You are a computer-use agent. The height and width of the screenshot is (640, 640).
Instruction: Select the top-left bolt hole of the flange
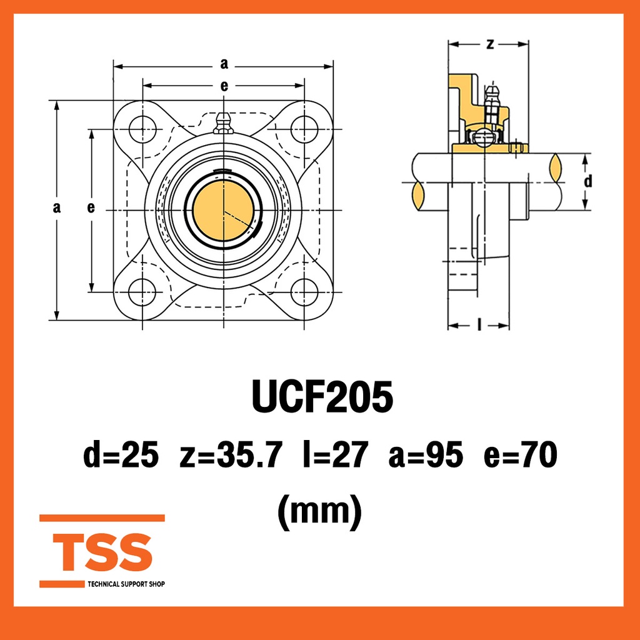[142, 129]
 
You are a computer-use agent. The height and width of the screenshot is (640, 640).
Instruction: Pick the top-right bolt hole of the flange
[304, 129]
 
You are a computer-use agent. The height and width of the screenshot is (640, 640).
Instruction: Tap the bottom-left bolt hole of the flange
[142, 291]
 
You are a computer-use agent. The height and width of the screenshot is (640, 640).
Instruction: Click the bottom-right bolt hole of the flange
[304, 291]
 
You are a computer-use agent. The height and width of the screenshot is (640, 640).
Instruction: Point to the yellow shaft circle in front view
[222, 211]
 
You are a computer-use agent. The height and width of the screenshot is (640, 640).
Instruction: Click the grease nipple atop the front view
[223, 123]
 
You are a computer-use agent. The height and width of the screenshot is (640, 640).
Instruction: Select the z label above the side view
[490, 44]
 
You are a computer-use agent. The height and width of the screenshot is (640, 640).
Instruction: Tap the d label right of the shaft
[587, 182]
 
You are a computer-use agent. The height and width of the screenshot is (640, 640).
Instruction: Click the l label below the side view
[479, 325]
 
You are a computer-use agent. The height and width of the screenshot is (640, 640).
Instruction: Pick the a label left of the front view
[57, 208]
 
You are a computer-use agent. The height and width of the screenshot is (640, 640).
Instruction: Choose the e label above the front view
[224, 86]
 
